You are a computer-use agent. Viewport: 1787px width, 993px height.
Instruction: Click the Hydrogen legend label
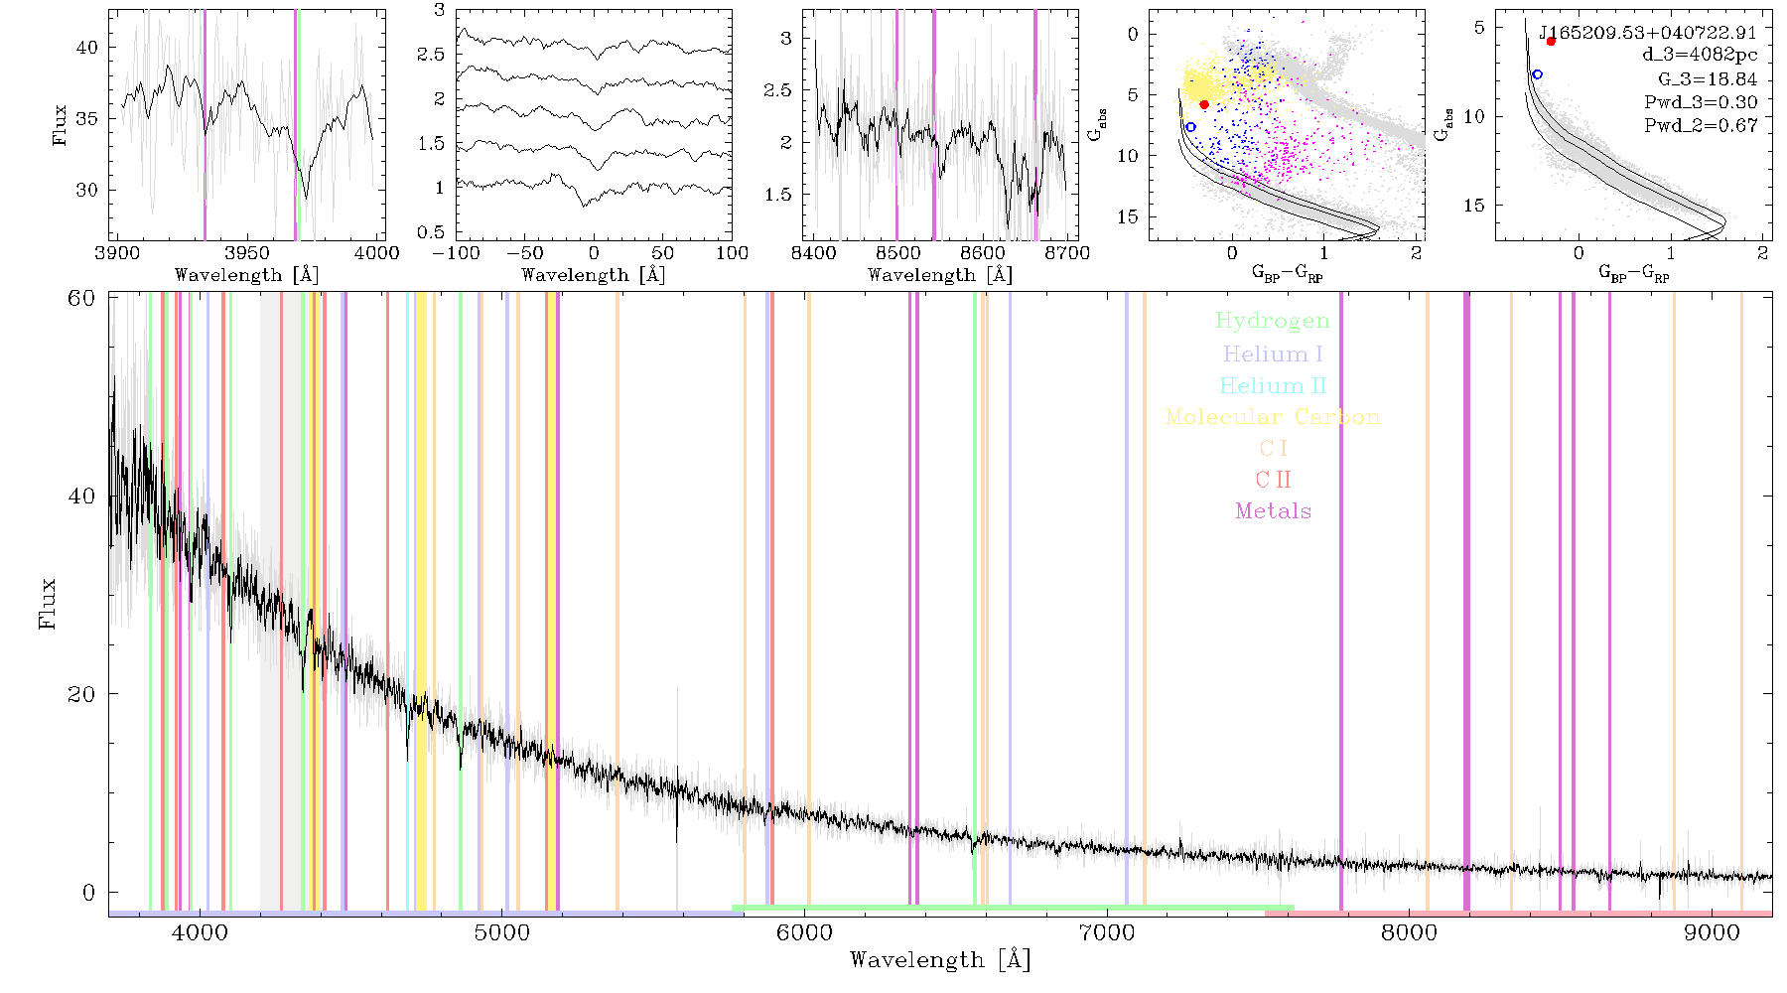point(1272,322)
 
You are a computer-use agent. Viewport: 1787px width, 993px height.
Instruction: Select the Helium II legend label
point(1273,385)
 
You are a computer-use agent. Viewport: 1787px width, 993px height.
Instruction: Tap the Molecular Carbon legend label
point(1273,417)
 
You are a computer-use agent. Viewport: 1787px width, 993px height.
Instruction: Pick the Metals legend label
point(1274,511)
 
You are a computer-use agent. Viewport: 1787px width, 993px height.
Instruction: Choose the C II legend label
point(1274,480)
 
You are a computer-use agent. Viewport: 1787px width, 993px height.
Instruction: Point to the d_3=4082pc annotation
point(1700,56)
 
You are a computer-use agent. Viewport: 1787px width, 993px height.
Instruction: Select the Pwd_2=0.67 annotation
point(1701,126)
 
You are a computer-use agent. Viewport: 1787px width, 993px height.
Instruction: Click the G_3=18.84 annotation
point(1708,79)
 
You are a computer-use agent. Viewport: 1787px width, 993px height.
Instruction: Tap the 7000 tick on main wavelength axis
point(1106,932)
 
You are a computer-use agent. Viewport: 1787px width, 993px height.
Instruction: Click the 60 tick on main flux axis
point(81,298)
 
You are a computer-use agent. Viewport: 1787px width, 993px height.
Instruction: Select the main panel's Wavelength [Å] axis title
point(940,960)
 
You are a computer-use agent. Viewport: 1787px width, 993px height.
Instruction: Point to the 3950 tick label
point(247,253)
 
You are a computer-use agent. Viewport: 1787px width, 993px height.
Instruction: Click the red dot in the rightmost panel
point(1551,41)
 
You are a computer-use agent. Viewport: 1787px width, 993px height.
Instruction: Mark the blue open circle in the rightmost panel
point(1537,74)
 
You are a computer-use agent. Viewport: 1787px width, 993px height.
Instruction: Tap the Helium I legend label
point(1273,355)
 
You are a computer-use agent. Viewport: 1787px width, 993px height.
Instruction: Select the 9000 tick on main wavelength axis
point(1712,932)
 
